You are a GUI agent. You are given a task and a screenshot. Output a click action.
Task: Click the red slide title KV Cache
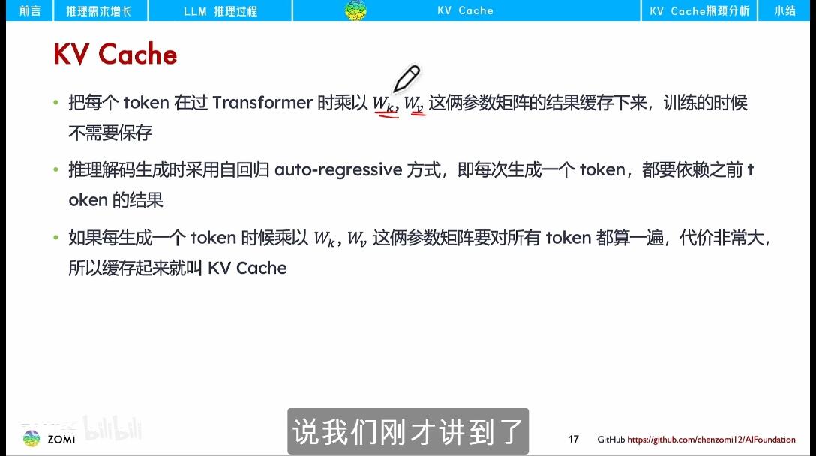[x=115, y=55]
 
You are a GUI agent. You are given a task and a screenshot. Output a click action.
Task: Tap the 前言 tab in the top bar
[x=30, y=10]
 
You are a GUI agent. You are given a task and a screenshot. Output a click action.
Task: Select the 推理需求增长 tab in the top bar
[x=99, y=10]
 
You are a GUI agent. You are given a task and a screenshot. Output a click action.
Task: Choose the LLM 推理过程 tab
[x=220, y=10]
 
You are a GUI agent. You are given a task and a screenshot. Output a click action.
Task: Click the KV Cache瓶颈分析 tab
[x=699, y=10]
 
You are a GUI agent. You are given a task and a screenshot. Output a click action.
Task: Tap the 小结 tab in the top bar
[x=784, y=10]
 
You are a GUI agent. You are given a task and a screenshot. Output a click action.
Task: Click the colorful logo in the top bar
[x=355, y=10]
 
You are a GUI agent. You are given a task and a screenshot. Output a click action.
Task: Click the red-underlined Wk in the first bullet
[x=385, y=104]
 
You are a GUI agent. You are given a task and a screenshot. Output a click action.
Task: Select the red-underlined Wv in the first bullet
[x=415, y=104]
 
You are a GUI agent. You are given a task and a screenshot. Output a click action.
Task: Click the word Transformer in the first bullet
[x=262, y=103]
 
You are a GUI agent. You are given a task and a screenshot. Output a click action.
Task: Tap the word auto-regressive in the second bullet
[x=338, y=170]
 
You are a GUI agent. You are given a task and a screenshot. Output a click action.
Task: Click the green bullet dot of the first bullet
[x=55, y=103]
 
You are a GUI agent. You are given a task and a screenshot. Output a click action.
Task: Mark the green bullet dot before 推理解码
[x=55, y=170]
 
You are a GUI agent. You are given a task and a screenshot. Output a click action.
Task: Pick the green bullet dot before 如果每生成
[x=55, y=238]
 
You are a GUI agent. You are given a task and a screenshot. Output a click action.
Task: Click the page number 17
[x=574, y=439]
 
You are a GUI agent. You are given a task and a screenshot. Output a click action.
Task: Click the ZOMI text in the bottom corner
[x=61, y=439]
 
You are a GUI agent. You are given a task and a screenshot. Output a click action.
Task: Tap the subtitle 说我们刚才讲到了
[x=407, y=432]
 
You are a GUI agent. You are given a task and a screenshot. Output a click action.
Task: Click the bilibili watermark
[x=112, y=427]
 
